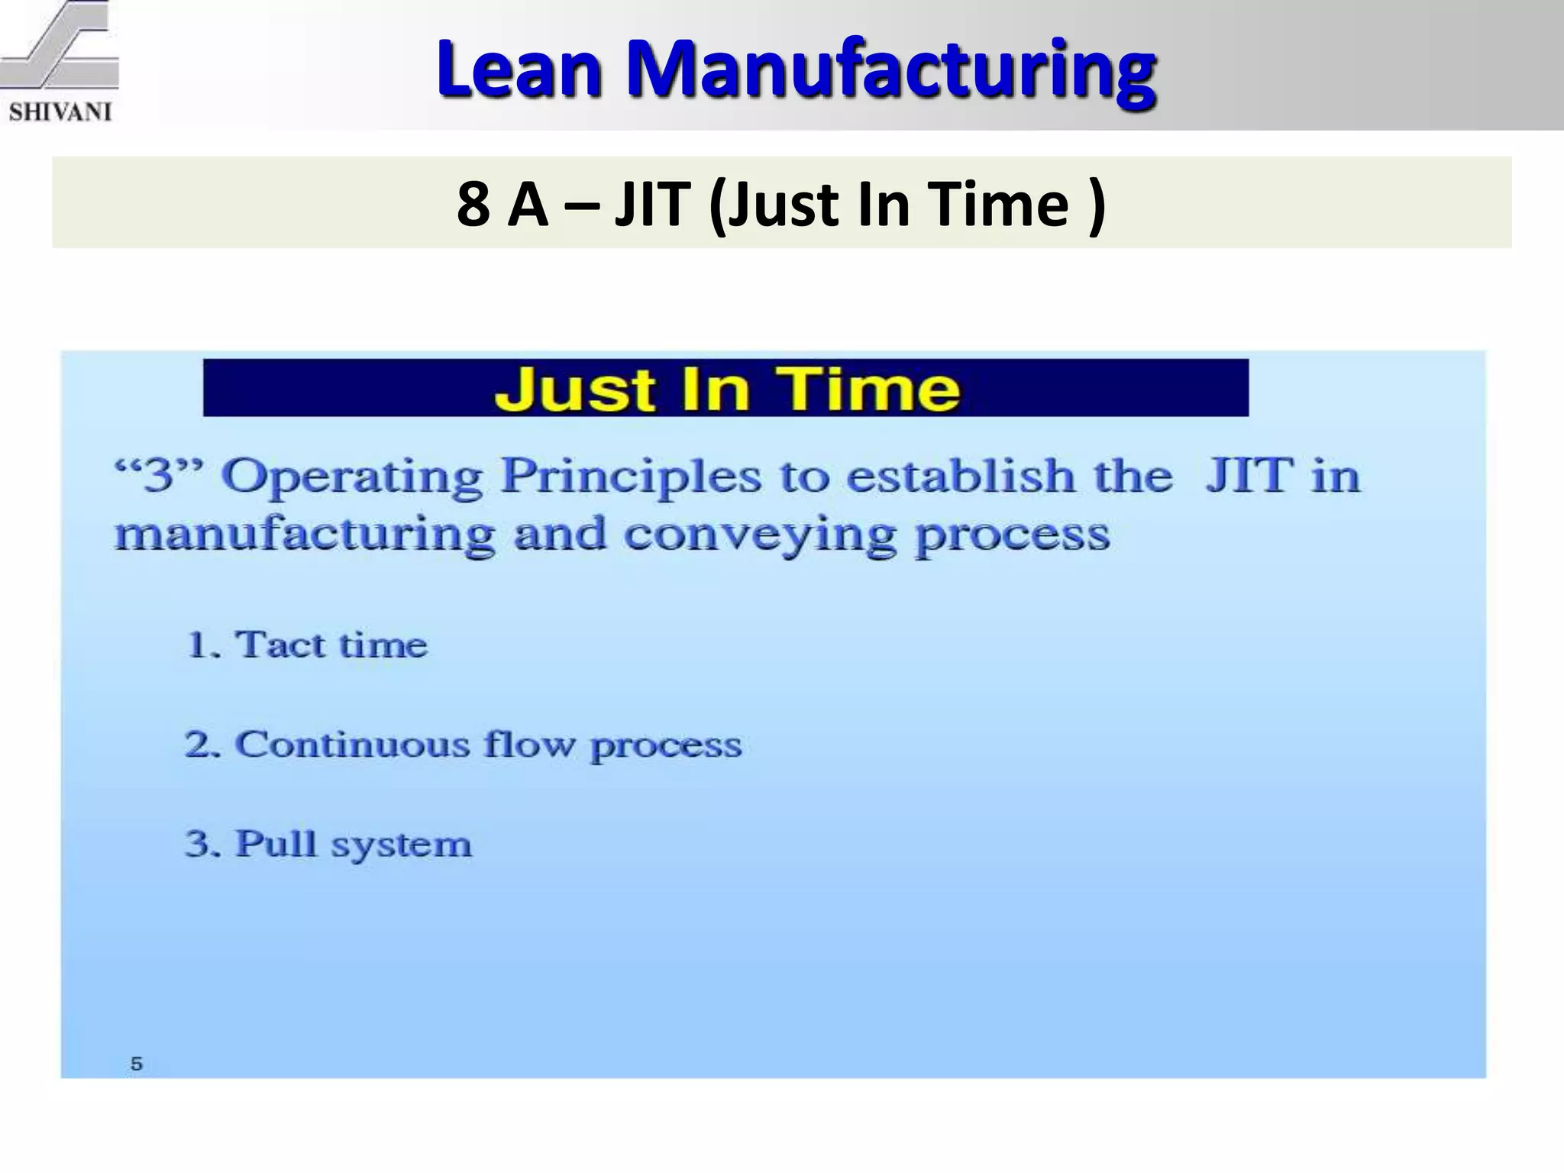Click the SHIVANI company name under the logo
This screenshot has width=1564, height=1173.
point(60,112)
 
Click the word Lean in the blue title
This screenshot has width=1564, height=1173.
point(519,70)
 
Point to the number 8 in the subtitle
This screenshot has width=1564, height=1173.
point(473,204)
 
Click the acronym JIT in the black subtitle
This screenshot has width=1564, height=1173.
point(652,204)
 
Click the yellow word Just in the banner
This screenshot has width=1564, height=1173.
point(574,389)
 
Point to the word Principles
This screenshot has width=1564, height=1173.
point(631,476)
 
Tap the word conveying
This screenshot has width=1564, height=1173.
point(760,535)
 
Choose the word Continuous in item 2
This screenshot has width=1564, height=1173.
point(351,745)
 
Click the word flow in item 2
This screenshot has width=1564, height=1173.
point(528,745)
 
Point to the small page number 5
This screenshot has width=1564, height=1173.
point(137,1063)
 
